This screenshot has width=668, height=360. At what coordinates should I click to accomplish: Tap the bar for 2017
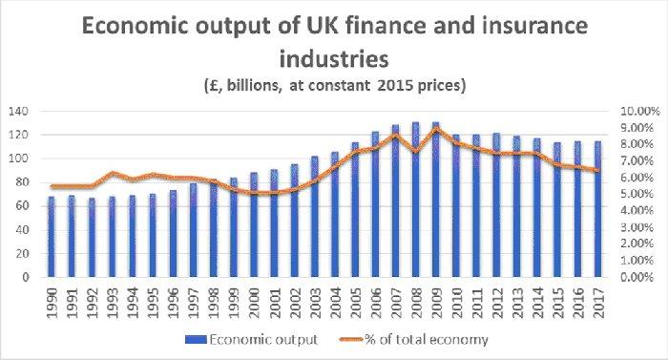click(x=597, y=209)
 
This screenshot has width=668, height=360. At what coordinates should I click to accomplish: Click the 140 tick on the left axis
click(x=19, y=111)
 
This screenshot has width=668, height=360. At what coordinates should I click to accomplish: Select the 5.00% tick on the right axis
click(x=638, y=194)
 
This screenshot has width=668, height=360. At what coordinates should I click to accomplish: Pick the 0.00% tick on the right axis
click(x=638, y=278)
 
